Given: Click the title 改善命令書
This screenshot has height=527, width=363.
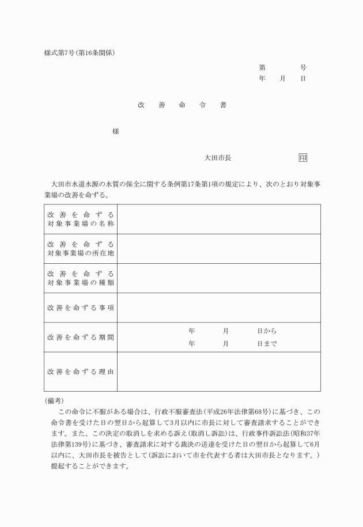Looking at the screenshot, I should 181,105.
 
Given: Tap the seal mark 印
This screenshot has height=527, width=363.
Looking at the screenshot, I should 303,157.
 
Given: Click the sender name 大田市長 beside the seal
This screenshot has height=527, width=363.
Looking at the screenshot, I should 218,157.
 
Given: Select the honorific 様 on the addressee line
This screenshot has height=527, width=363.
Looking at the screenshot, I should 116,131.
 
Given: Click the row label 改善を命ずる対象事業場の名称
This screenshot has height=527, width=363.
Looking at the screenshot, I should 81,219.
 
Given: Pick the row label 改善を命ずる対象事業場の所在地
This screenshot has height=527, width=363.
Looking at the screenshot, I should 81,248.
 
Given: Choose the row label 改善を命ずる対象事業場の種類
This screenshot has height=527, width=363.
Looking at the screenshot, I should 81,278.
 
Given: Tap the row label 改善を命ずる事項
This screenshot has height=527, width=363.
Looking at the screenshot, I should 81,308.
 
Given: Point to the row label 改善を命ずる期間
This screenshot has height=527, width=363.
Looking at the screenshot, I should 81,337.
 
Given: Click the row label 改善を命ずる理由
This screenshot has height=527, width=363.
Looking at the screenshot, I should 81,371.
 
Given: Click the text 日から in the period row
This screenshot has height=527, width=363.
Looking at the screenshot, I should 267,331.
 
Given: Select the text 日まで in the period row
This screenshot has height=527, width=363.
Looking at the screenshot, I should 267,344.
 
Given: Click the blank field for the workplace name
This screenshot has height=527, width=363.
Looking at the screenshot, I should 219,219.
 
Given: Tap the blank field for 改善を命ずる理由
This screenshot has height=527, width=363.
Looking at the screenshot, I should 219,371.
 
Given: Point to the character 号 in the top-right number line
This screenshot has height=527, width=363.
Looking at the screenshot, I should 303,67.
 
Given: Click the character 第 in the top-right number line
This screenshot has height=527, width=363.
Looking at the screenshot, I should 262,67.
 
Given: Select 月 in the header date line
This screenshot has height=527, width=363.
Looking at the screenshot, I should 282,78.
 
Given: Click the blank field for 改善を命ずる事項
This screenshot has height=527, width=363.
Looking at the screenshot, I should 219,308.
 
